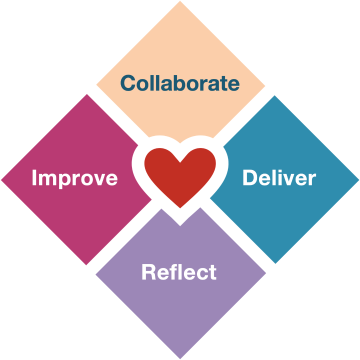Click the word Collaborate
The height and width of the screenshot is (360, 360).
click(x=180, y=83)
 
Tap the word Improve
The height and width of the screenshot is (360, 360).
click(x=75, y=178)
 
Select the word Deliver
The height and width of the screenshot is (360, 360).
click(x=279, y=178)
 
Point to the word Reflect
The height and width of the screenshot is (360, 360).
click(x=179, y=272)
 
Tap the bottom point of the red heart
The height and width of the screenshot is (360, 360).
click(x=180, y=208)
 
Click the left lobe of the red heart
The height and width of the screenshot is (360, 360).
click(x=160, y=163)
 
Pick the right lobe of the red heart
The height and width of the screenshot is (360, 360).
click(x=200, y=163)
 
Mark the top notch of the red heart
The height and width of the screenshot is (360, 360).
click(x=180, y=162)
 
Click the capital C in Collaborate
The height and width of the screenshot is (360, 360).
click(x=128, y=83)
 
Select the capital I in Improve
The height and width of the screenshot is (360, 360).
click(x=34, y=178)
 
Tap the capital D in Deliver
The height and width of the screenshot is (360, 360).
click(x=250, y=178)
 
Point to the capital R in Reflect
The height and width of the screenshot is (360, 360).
click(x=149, y=272)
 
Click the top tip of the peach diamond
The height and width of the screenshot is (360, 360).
click(x=180, y=2)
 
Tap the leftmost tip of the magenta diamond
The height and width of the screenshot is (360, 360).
click(x=2, y=180)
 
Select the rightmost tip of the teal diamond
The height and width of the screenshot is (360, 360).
click(x=358, y=180)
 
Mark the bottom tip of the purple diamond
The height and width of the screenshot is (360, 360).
click(x=180, y=358)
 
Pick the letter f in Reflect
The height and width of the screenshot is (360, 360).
click(x=176, y=272)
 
